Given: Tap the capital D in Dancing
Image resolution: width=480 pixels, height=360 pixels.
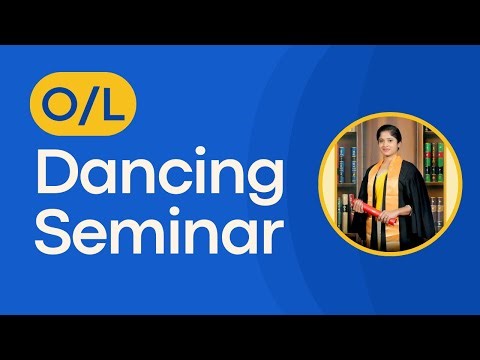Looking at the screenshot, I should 54,176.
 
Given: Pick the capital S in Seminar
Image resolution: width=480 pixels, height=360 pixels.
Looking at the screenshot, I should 52,233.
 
